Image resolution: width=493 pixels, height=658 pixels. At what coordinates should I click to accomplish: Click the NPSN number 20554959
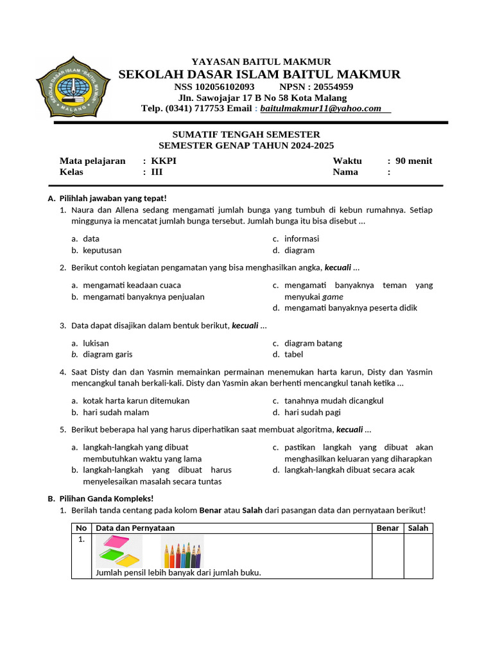pyautogui.click(x=329, y=87)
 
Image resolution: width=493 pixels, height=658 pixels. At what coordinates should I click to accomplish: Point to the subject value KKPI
pyautogui.click(x=164, y=161)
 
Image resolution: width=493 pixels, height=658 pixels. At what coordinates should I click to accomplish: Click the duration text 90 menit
pyautogui.click(x=414, y=161)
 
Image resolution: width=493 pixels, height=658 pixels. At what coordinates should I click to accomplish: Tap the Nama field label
pyautogui.click(x=345, y=172)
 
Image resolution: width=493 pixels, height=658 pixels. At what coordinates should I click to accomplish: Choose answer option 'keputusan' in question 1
pyautogui.click(x=102, y=251)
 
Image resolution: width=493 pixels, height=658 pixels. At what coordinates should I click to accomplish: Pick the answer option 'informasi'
pyautogui.click(x=302, y=239)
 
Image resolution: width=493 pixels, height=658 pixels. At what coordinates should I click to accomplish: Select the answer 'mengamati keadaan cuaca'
pyautogui.click(x=132, y=285)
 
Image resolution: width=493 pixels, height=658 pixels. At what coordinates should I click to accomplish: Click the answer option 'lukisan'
pyautogui.click(x=96, y=343)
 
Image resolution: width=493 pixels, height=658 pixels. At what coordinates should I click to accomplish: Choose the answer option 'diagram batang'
pyautogui.click(x=313, y=343)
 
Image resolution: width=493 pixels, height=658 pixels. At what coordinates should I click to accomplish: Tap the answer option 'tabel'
pyautogui.click(x=293, y=355)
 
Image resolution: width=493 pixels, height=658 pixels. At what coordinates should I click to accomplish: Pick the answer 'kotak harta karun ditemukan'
pyautogui.click(x=136, y=401)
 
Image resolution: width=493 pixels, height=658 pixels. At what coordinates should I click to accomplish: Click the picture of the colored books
pyautogui.click(x=119, y=551)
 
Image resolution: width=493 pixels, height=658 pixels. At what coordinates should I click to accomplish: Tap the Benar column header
pyautogui.click(x=387, y=528)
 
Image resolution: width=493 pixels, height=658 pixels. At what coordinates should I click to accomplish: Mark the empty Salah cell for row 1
pyautogui.click(x=418, y=556)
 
